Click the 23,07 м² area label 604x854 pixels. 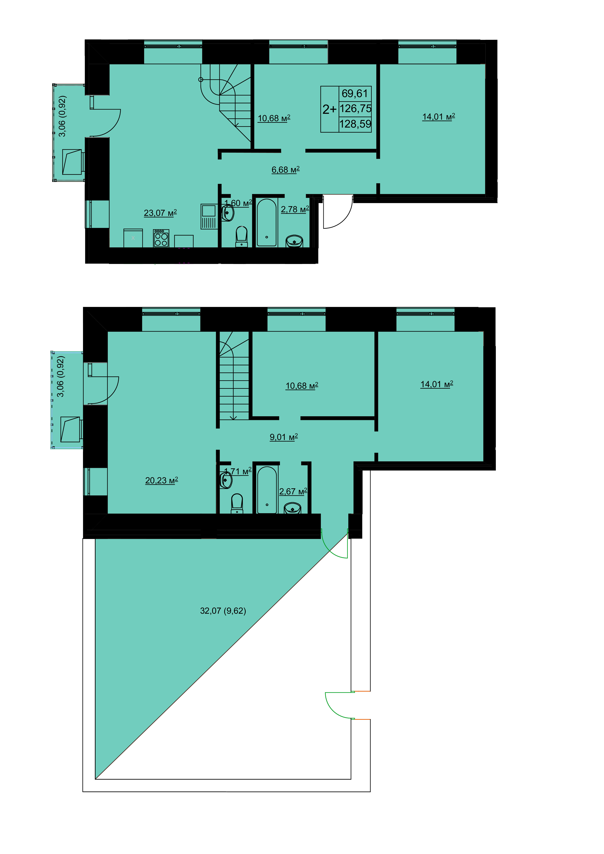click(160, 213)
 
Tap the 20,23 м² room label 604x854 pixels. click(161, 481)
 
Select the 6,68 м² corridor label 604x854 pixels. click(285, 170)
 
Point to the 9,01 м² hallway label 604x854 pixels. click(284, 437)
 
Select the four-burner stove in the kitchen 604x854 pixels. click(161, 238)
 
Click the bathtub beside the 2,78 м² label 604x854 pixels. click(267, 222)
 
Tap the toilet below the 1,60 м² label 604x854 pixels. click(242, 237)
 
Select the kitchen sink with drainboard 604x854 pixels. click(209, 217)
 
